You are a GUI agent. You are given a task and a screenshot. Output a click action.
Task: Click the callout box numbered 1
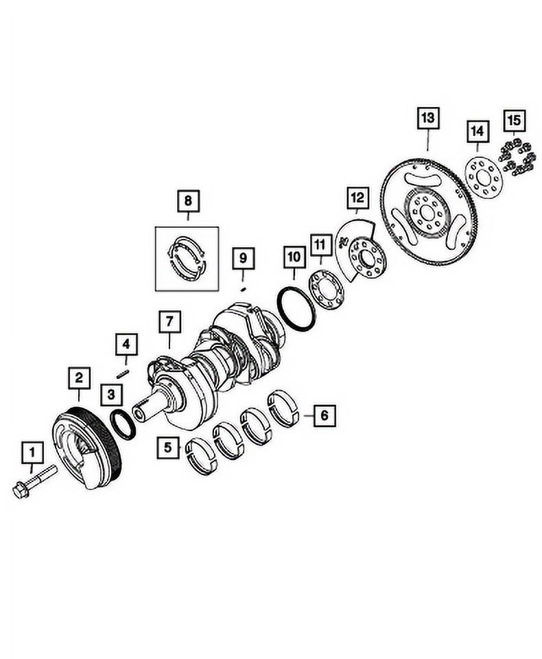click(x=32, y=452)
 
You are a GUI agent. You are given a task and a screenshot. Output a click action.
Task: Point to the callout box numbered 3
click(x=110, y=394)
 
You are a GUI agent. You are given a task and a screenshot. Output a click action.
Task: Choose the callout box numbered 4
click(x=126, y=343)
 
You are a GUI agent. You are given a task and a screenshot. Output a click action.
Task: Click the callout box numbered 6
click(x=324, y=415)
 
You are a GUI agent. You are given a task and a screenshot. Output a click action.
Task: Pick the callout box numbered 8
click(x=187, y=201)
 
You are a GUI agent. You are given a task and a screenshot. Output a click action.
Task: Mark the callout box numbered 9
click(x=242, y=259)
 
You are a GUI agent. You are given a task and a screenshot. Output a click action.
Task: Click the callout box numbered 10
click(x=294, y=257)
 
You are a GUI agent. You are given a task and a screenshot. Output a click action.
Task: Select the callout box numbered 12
click(x=357, y=199)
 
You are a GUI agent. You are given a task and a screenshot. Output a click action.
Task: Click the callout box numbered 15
click(x=515, y=120)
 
